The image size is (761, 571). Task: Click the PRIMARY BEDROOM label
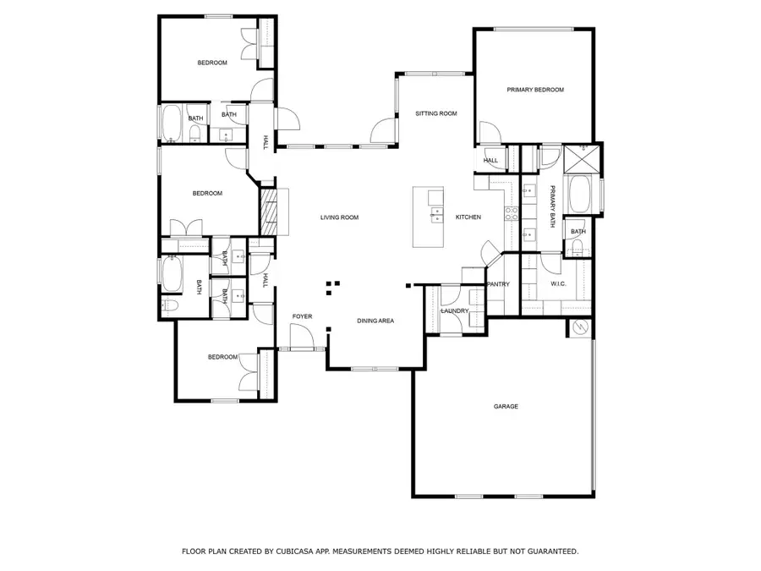[535, 90]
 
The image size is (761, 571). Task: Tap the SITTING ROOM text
[436, 113]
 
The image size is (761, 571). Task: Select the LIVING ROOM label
[339, 217]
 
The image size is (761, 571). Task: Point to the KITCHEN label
[468, 217]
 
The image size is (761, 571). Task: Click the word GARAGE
[506, 407]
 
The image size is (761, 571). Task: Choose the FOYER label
[302, 316]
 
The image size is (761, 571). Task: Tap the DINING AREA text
[375, 321]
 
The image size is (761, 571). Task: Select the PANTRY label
[498, 284]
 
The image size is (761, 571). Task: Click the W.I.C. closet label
[558, 284]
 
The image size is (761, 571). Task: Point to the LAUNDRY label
[455, 311]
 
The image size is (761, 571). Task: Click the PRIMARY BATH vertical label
[553, 206]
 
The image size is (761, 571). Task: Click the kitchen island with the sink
[429, 217]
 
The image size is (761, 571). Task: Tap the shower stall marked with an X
[583, 156]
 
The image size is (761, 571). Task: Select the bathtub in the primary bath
[582, 195]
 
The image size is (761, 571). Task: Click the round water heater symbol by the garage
[580, 327]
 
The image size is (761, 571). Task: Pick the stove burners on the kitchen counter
[510, 214]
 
